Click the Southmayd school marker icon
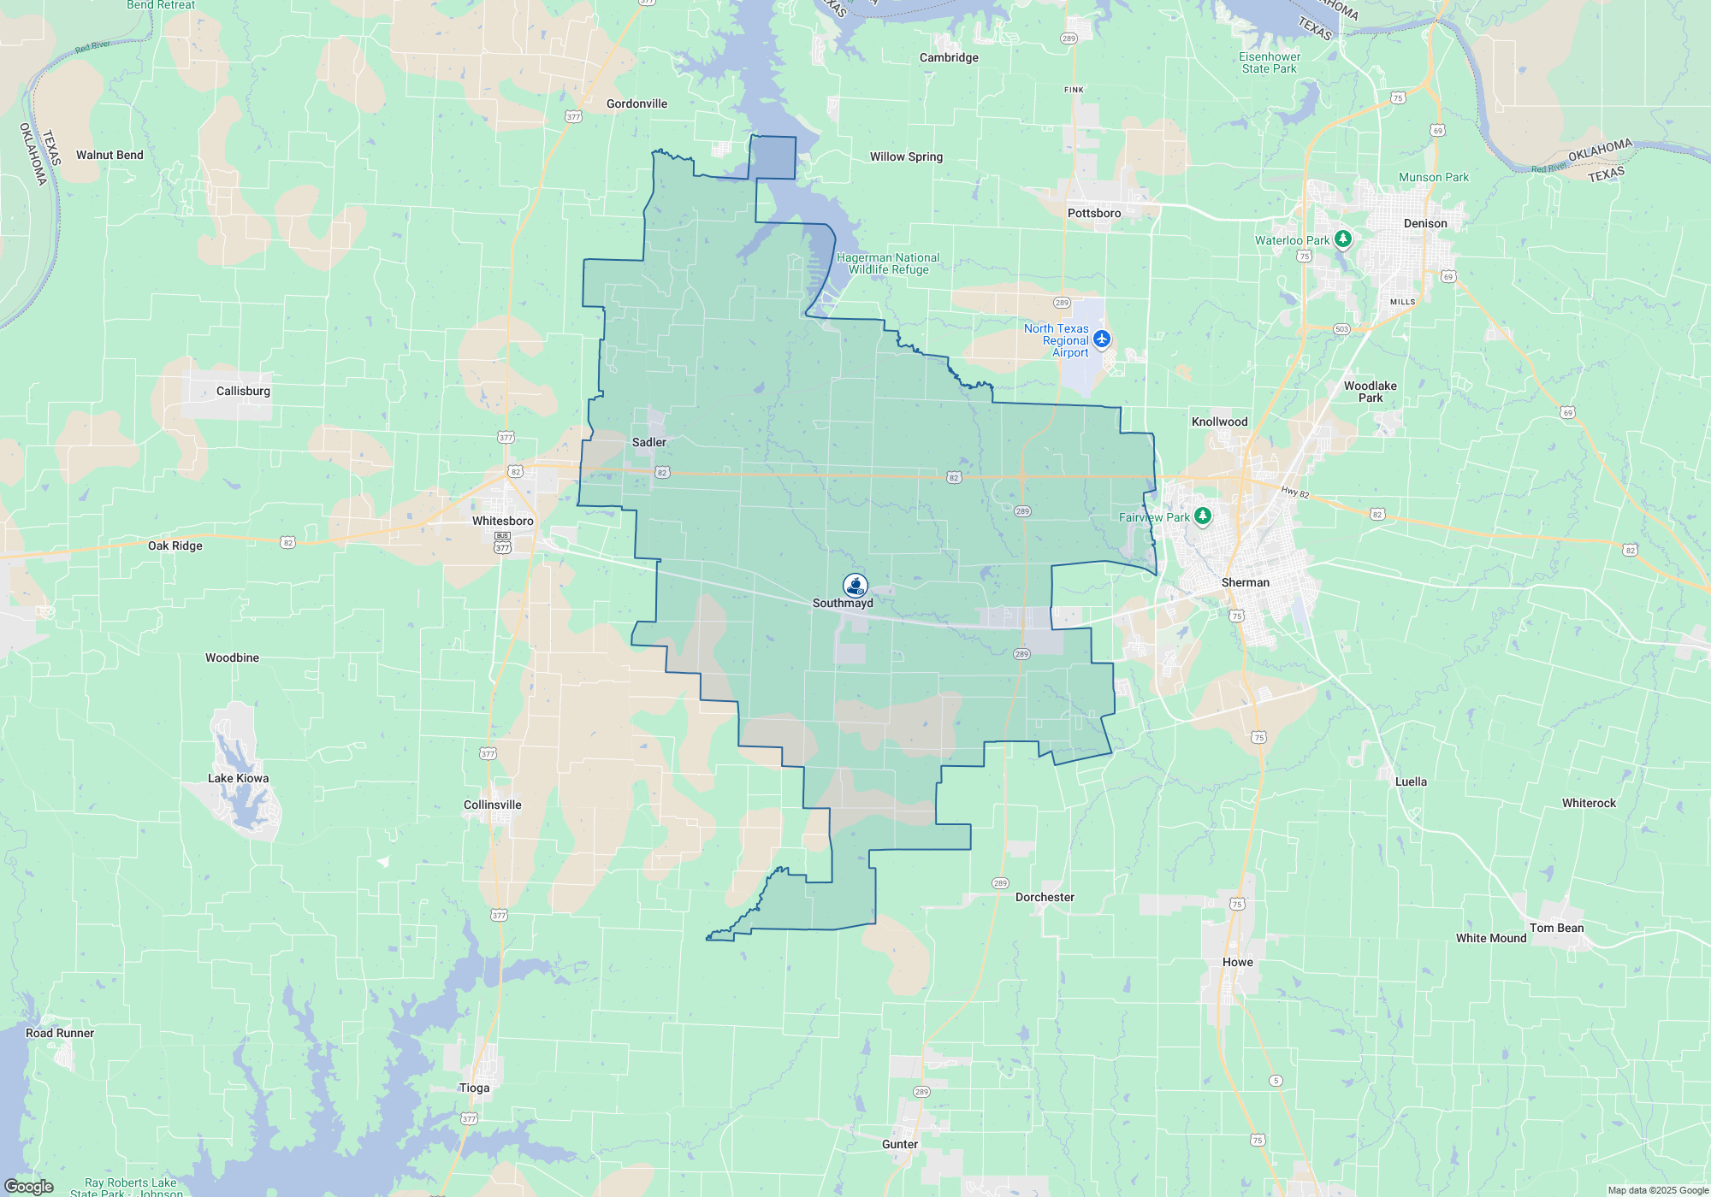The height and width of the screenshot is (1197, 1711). (x=855, y=586)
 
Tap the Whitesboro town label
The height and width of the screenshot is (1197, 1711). (x=502, y=521)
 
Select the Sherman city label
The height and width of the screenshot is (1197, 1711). (x=1245, y=582)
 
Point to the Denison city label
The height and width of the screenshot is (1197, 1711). (x=1425, y=223)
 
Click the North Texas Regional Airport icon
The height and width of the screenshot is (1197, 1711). (x=1102, y=339)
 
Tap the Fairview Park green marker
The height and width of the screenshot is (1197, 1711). (x=1203, y=516)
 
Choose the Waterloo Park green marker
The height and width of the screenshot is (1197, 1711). (x=1343, y=239)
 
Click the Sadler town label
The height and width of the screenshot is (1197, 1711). (x=648, y=442)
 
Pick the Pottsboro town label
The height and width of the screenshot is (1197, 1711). (x=1093, y=213)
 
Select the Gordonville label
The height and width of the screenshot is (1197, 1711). (x=636, y=103)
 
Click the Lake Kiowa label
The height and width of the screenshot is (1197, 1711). (x=238, y=778)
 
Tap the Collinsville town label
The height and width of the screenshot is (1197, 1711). (x=492, y=805)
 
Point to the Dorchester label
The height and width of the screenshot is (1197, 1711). (x=1045, y=897)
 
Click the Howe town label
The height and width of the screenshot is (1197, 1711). (x=1237, y=962)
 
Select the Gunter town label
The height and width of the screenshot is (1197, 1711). (x=899, y=1144)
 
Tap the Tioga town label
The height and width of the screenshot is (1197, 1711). (x=474, y=1088)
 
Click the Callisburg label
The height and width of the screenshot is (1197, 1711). (x=243, y=391)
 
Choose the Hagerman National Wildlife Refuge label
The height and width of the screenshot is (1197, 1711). (x=888, y=263)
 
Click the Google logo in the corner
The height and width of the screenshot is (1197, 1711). (x=29, y=1187)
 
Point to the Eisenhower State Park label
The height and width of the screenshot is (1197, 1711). (x=1270, y=62)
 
